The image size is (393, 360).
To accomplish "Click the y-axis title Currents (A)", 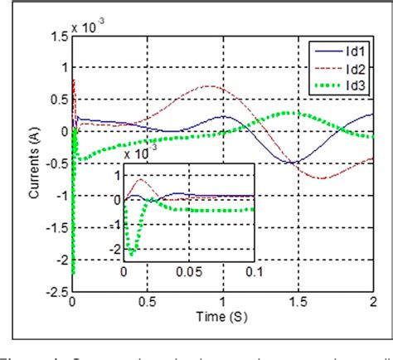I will [34, 165].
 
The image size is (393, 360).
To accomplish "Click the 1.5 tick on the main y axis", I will [58, 36].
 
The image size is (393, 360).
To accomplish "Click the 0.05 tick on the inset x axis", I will [189, 271].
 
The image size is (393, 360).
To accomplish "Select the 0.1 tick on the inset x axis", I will [254, 271].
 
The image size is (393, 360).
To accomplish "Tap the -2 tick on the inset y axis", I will [114, 250].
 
